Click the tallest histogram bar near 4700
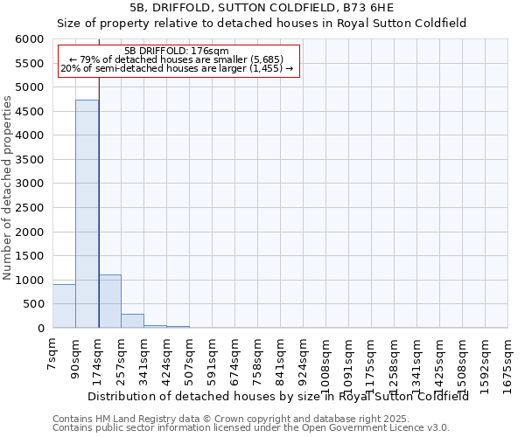coord(87,214)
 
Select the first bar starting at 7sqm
coord(64,306)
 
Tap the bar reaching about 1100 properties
coord(109,302)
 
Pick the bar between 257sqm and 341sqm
coord(132,321)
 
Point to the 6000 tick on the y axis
coord(31,39)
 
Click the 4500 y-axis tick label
coord(31,112)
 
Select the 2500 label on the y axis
coord(31,208)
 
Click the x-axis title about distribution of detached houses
coord(278,396)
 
